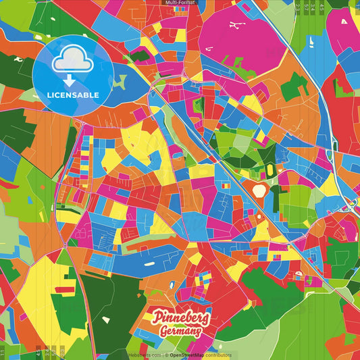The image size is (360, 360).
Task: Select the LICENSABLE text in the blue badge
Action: click(x=73, y=95)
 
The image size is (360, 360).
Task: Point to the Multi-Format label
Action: click(x=180, y=3)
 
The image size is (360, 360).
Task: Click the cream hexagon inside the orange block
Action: click(x=259, y=190)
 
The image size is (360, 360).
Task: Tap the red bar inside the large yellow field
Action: click(x=65, y=290)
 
